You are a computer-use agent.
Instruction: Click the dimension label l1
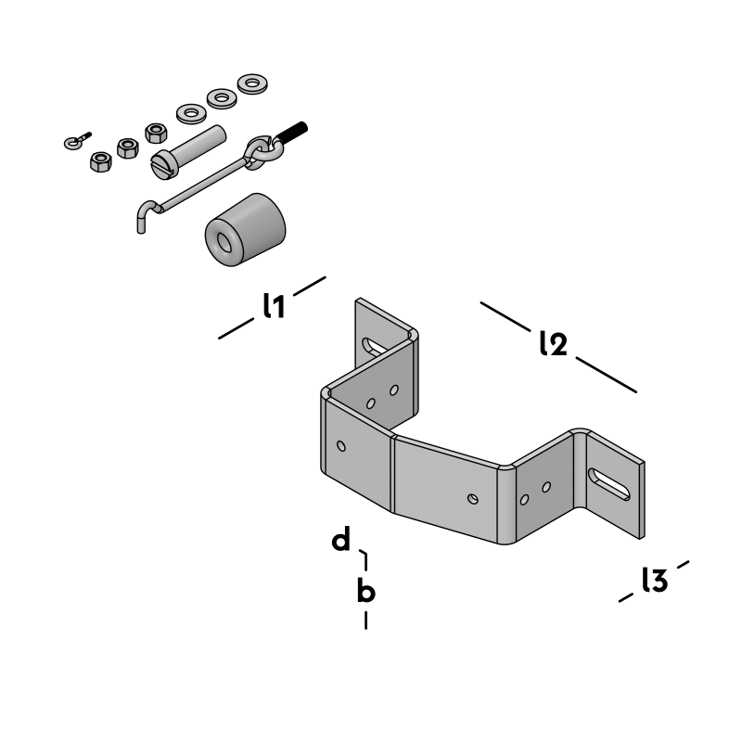coord(273,306)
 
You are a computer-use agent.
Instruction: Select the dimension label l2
coord(553,344)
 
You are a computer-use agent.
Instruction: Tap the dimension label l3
coord(655,581)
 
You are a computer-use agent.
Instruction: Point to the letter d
coord(342,540)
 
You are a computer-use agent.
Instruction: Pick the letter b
coord(366,590)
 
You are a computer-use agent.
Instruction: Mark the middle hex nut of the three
coord(128,147)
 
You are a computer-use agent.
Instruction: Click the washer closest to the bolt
coord(192,113)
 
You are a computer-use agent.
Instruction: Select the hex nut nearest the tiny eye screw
coord(100,161)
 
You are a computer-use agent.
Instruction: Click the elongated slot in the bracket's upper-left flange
coord(373,345)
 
